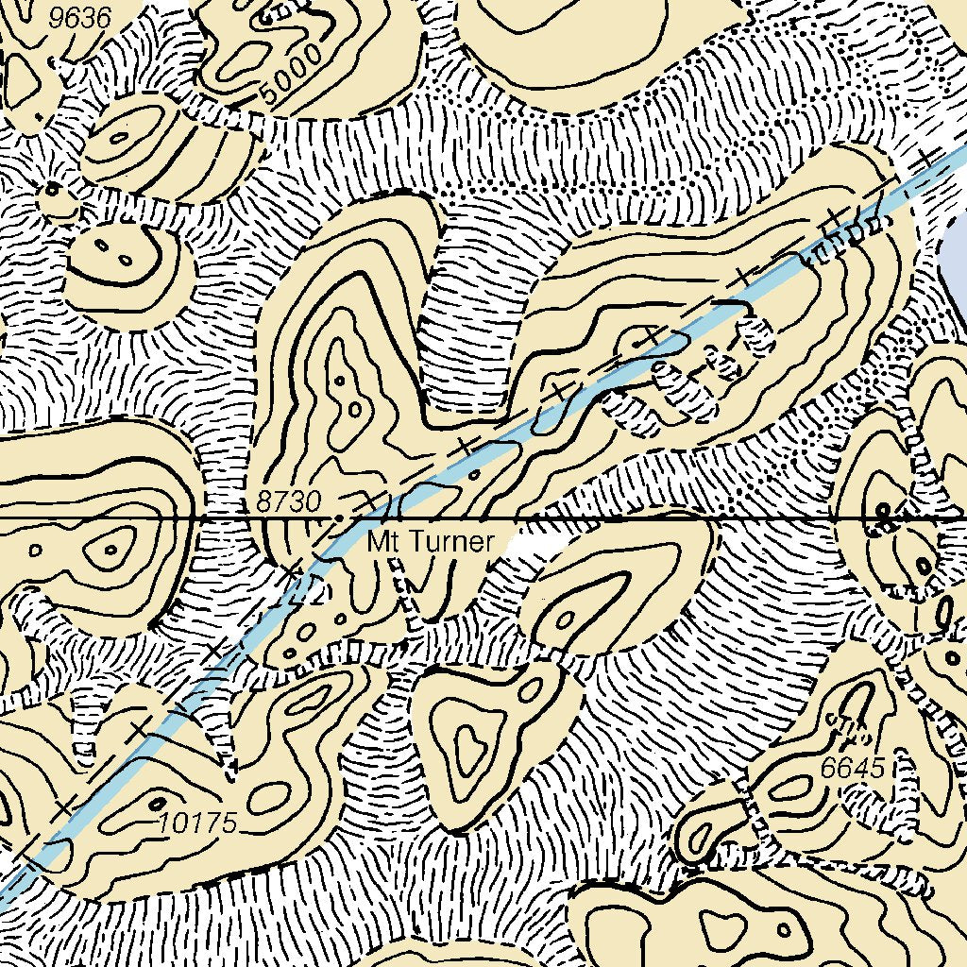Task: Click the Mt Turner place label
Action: click(431, 542)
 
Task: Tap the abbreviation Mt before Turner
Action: click(380, 542)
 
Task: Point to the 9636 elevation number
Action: click(81, 17)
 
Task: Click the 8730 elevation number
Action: click(288, 502)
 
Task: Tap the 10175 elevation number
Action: click(198, 822)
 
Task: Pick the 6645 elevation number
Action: click(852, 769)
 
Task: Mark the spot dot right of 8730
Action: click(340, 518)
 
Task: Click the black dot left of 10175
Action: click(155, 804)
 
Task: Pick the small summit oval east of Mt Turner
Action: click(567, 619)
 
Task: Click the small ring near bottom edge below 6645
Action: click(727, 930)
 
